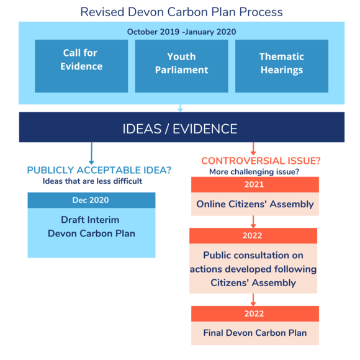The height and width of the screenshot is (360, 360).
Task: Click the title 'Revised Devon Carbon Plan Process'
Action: click(181, 12)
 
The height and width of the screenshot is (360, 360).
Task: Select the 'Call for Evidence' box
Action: click(81, 60)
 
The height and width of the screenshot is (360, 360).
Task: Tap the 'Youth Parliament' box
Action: click(181, 63)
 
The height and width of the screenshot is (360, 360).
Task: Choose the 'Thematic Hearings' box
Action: click(281, 63)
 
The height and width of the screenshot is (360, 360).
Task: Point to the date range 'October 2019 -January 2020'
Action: click(181, 32)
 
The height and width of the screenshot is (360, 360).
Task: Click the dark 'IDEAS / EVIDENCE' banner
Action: click(181, 128)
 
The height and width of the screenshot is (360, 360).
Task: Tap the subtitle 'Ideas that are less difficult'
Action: click(92, 181)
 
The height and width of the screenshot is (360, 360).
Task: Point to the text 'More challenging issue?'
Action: click(254, 172)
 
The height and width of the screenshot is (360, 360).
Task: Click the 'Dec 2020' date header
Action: click(91, 200)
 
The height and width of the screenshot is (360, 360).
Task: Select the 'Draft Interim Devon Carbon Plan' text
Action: click(91, 227)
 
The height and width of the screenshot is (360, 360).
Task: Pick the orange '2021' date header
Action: click(254, 184)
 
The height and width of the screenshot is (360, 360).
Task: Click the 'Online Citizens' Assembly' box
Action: click(254, 204)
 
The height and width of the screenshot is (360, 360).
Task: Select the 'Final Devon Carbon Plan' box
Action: click(254, 333)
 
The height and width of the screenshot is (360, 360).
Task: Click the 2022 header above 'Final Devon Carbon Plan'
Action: click(254, 313)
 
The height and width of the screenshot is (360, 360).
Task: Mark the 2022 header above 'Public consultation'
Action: click(253, 236)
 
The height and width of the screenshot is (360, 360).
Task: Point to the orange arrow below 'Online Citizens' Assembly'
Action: click(253, 222)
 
